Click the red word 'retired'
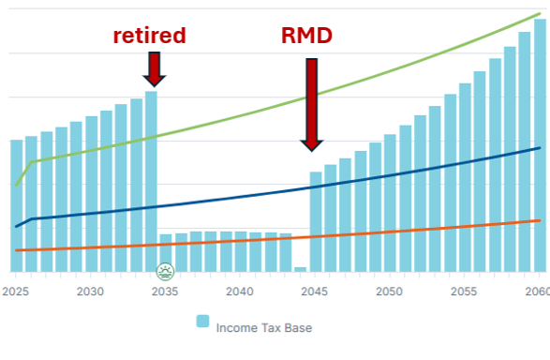[150, 36]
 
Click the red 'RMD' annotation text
[307, 37]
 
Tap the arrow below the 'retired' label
[154, 67]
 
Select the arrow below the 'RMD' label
[312, 103]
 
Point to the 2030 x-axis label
[90, 292]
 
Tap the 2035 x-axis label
[165, 292]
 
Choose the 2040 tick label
[240, 292]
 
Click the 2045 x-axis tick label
[315, 292]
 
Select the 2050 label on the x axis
[390, 292]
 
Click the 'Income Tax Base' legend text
[263, 328]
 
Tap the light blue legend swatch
[202, 322]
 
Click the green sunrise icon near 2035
[166, 272]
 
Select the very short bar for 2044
[300, 269]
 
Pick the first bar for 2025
[16, 206]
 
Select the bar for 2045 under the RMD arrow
[316, 221]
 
